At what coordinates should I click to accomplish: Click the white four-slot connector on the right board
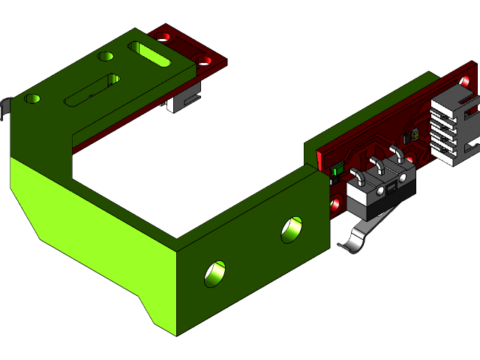[454, 127]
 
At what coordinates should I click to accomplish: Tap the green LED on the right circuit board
[334, 171]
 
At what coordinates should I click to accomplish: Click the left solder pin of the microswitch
[359, 178]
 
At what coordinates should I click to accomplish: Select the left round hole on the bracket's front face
[215, 273]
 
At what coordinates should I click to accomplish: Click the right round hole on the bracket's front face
[292, 229]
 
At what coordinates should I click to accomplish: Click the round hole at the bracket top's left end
[32, 98]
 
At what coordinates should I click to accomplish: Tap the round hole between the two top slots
[106, 56]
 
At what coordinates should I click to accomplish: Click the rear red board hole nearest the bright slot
[160, 34]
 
